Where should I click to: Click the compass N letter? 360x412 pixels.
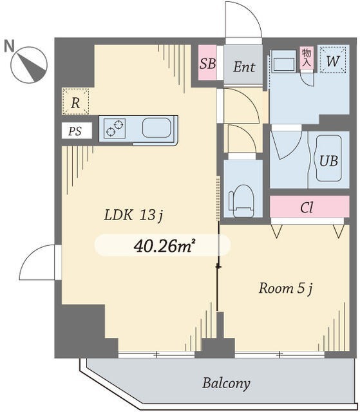9,46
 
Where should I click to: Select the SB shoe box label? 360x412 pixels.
207,63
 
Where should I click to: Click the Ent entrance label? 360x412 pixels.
244,67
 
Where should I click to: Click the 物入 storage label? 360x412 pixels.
307,57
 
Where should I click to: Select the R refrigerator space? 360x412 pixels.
75,102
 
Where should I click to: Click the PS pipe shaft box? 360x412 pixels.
77,131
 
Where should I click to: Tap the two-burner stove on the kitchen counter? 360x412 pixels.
115,128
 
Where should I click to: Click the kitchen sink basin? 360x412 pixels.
156,127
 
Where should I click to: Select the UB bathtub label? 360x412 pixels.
328,160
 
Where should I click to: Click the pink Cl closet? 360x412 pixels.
309,207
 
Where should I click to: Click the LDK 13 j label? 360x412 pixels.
134,216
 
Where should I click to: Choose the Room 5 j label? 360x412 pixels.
286,288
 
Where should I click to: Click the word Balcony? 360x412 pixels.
226,384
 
